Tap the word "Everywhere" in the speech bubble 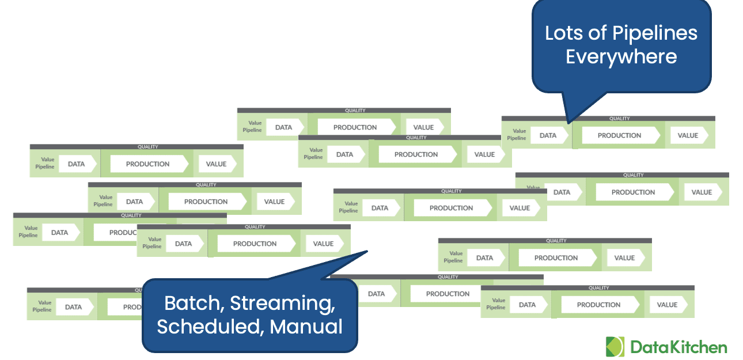621,57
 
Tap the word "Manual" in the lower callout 306,327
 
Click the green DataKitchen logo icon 615,347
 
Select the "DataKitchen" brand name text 678,347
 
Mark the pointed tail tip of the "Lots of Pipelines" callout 568,122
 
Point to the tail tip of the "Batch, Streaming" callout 367,251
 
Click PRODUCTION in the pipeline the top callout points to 619,135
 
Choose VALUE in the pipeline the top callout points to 688,135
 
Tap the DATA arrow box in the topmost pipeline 283,127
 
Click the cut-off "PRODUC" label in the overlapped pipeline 122,233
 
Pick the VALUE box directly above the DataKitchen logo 667,305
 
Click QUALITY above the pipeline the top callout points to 619,119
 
